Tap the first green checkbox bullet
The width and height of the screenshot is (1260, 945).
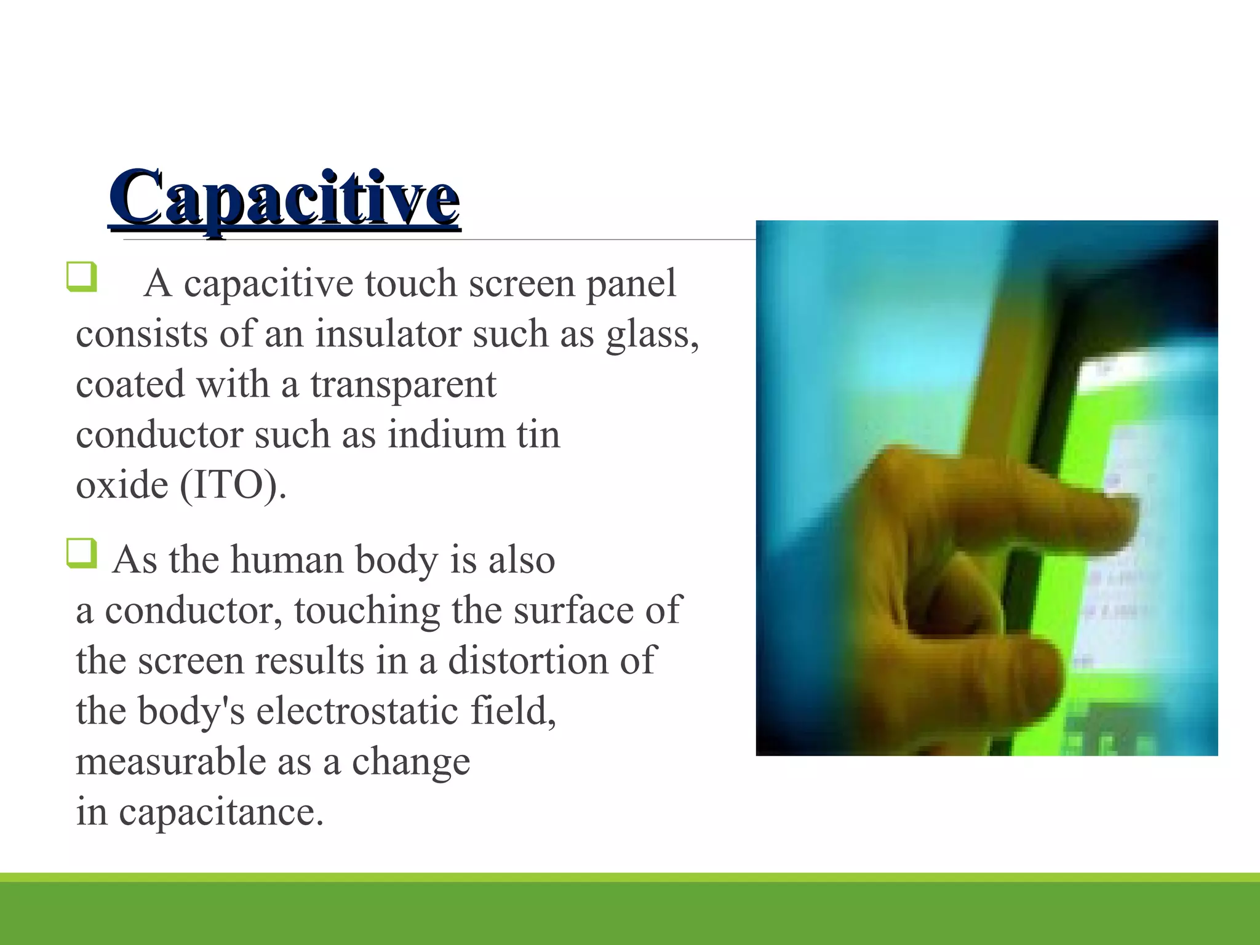pos(81,276)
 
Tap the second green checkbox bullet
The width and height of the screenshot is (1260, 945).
pos(81,552)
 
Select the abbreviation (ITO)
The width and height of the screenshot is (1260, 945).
pos(232,485)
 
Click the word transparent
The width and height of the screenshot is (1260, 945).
pos(403,386)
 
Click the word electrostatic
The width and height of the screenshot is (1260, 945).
pos(357,711)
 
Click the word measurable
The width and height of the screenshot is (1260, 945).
pos(171,762)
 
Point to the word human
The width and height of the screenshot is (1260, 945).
pos(287,560)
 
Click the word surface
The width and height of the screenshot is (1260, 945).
pos(573,611)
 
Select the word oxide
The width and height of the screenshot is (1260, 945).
pos(122,485)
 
